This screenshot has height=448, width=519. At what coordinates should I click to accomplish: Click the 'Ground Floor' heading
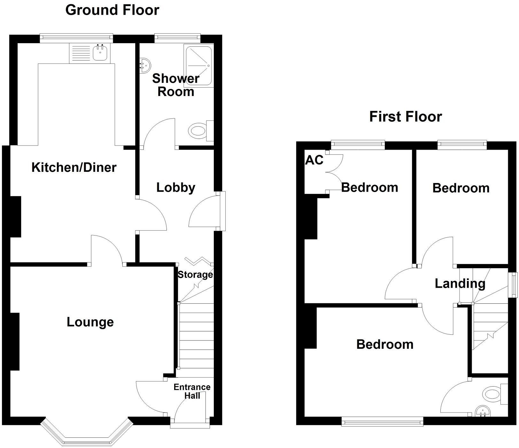click(112, 10)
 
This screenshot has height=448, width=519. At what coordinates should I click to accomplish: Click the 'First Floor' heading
click(406, 116)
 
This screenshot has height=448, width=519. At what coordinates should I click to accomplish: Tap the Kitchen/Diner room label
click(74, 167)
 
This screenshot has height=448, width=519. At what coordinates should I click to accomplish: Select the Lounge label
click(90, 322)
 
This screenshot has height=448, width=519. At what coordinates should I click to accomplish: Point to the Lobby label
click(176, 188)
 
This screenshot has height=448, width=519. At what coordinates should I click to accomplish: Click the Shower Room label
click(176, 85)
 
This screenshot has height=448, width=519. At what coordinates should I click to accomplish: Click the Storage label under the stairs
click(195, 275)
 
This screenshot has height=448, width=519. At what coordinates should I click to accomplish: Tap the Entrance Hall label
click(192, 391)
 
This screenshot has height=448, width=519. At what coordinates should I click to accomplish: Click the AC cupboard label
click(314, 160)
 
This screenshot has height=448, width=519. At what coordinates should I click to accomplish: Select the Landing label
click(460, 284)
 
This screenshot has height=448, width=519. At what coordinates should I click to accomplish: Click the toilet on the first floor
click(496, 393)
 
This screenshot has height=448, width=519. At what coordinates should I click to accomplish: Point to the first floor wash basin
click(482, 412)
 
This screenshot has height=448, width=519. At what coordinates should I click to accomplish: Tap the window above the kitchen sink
click(76, 38)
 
